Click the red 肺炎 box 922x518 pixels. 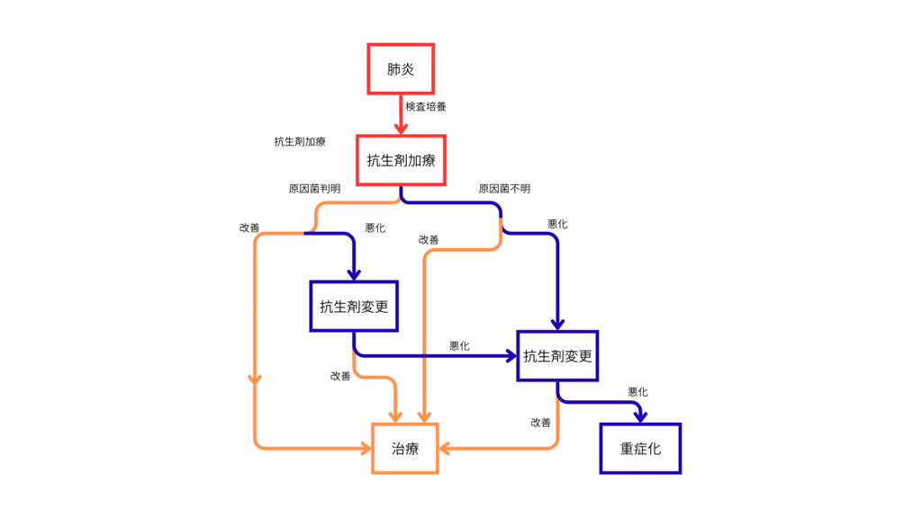[401, 68]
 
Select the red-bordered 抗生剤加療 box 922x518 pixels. [401, 161]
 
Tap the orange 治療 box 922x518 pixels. [405, 447]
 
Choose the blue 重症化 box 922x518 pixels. [640, 448]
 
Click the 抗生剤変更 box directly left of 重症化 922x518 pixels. [558, 355]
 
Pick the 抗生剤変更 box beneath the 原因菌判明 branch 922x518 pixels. [354, 306]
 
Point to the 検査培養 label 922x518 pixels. [426, 106]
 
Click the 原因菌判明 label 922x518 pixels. [314, 189]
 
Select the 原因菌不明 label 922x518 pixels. [504, 189]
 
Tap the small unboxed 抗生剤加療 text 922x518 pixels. [300, 142]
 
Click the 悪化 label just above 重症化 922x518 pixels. [637, 392]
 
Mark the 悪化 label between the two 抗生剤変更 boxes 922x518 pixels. [459, 346]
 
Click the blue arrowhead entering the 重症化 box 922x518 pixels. [640, 415]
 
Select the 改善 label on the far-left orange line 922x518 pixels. [249, 228]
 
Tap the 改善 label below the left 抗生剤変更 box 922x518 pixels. [340, 376]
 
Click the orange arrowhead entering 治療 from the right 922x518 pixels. [446, 447]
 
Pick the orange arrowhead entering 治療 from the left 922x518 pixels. [366, 447]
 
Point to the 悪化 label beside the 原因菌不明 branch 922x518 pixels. [557, 224]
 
